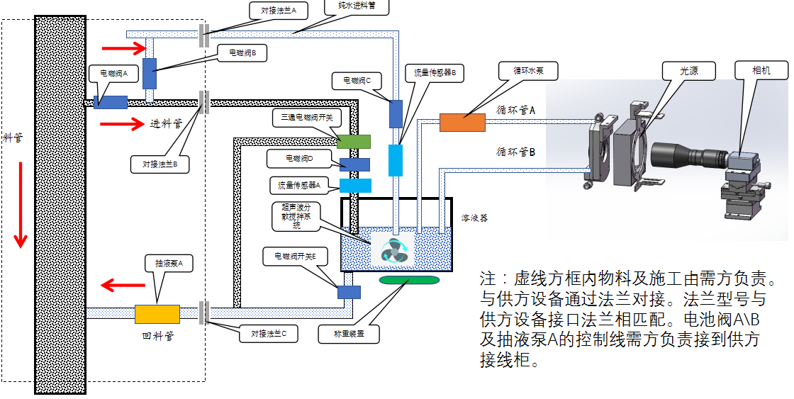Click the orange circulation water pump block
462,123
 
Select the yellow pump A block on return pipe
157,314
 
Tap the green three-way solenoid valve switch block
354,140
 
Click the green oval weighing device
409,281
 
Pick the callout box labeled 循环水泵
537,71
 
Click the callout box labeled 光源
688,71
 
